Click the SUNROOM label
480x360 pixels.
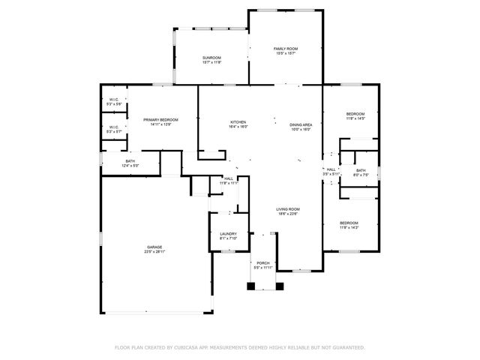tap(211, 58)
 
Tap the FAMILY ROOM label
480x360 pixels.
tap(285, 49)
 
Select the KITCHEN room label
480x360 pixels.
tap(238, 122)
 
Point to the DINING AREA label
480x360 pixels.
tap(301, 124)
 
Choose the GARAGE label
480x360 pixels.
tap(154, 247)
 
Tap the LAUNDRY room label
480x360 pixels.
tap(228, 234)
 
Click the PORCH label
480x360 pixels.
tap(262, 263)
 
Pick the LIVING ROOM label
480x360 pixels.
tap(288, 209)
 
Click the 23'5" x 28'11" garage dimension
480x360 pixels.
tap(154, 252)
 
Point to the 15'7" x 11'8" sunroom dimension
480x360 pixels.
tap(211, 63)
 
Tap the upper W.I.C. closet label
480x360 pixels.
tap(114, 99)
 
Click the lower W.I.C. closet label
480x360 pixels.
tap(114, 127)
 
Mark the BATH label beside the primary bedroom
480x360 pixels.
tap(130, 160)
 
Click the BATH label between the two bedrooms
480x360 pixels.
tap(361, 170)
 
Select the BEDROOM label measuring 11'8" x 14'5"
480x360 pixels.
tap(355, 114)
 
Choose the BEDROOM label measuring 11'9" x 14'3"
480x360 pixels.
tap(349, 223)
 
